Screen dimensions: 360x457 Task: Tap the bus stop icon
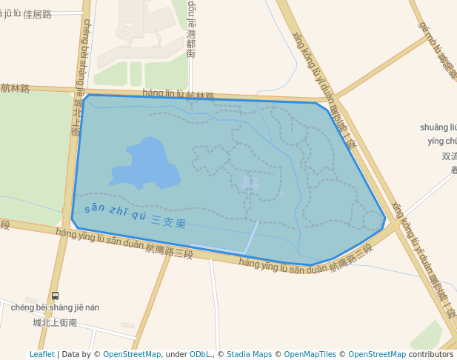coord(56,296)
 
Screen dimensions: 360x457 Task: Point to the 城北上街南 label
coord(55,322)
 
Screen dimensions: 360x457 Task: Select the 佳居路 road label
coord(38,14)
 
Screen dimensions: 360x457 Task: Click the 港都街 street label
coord(191,44)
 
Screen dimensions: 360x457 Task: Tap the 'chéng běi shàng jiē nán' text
coord(55,307)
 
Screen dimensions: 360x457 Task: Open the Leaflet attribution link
coord(41,355)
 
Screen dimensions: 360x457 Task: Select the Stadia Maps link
coord(249,355)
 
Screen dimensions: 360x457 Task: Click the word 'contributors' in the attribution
coord(431,355)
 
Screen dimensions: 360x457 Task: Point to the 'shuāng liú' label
coord(438,127)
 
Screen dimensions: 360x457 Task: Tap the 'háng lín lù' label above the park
coord(162,93)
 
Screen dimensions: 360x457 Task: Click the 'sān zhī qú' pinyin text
coord(115,211)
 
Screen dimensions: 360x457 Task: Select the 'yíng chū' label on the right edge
coord(442,141)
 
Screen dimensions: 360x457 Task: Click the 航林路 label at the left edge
coord(15,88)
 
